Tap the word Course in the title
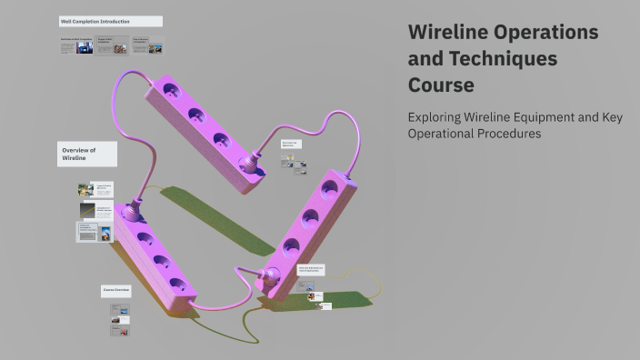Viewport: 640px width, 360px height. (x=441, y=86)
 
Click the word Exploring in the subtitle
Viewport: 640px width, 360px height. (x=438, y=116)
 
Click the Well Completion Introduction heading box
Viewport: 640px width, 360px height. (x=110, y=21)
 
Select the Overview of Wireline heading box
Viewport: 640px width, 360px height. (x=87, y=154)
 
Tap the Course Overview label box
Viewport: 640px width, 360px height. (x=116, y=291)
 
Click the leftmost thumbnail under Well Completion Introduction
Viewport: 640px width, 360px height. (x=76, y=45)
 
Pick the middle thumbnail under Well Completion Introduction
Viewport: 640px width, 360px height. (x=113, y=45)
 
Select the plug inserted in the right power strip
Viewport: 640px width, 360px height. (x=270, y=278)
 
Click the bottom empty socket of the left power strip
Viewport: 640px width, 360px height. (x=177, y=285)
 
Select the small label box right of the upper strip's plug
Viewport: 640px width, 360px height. (x=290, y=144)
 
